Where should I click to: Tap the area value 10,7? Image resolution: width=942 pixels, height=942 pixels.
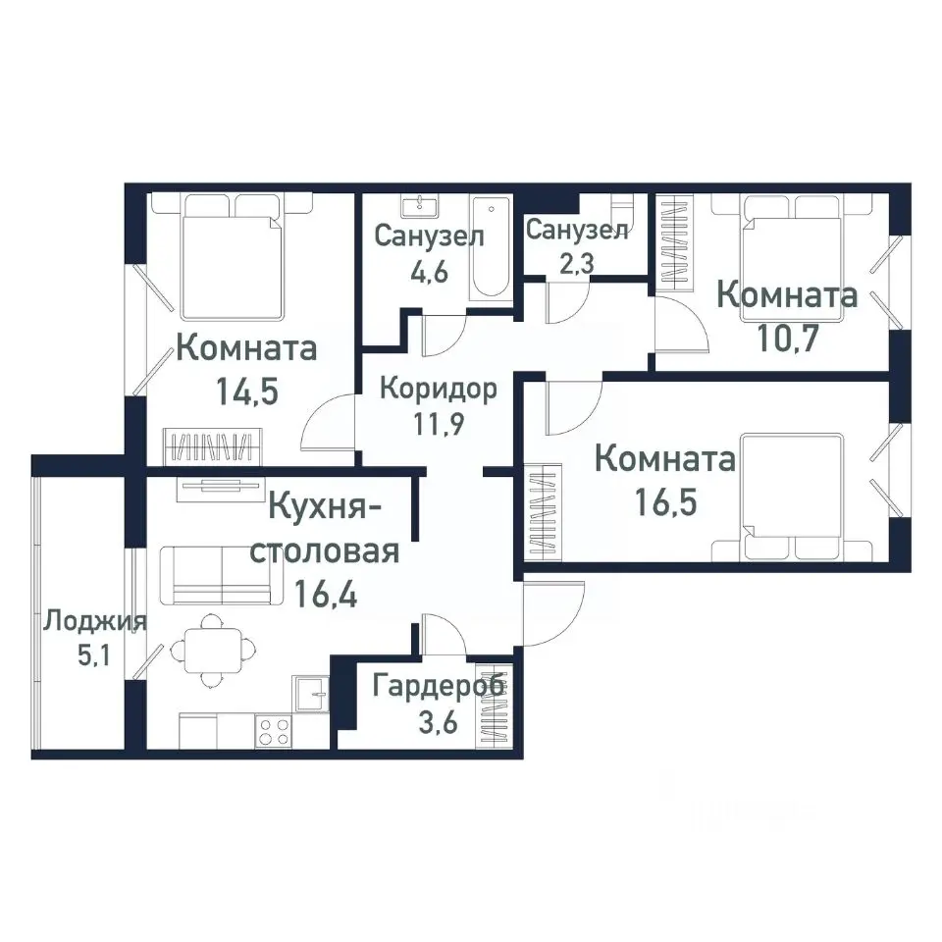point(787,339)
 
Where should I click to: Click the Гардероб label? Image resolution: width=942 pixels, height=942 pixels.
point(439,685)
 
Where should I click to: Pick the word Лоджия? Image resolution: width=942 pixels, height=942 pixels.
point(95,620)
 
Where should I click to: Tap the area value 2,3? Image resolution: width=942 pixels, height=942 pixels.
point(576,263)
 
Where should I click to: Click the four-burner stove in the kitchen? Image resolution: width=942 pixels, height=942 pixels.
point(274,731)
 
